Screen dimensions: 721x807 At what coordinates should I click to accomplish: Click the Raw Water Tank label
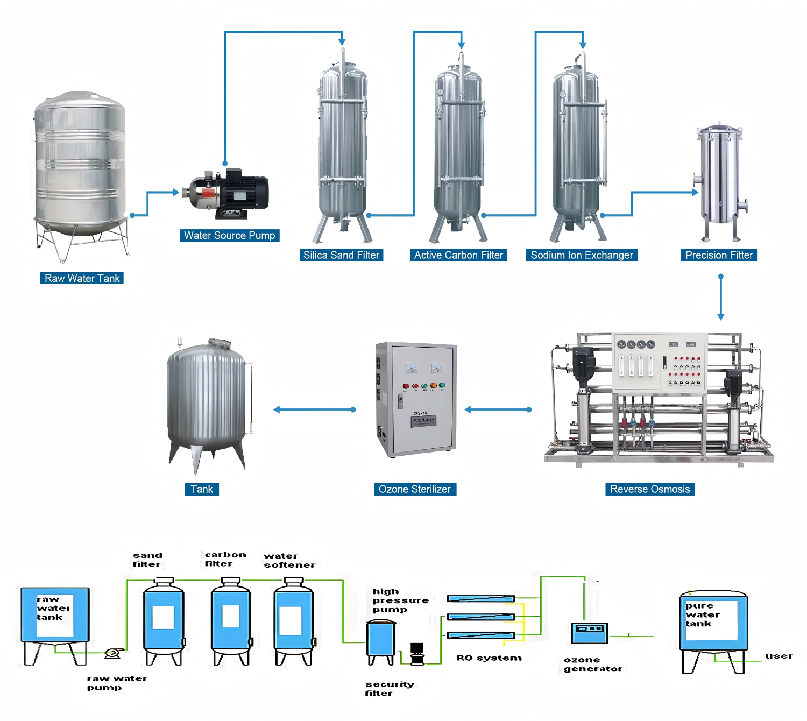(82, 278)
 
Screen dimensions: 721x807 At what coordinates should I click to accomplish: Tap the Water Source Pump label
(229, 235)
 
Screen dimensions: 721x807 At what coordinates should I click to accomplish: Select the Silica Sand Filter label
(341, 255)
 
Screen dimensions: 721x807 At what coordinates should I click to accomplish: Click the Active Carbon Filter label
(458, 255)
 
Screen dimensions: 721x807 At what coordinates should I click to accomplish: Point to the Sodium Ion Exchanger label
(582, 255)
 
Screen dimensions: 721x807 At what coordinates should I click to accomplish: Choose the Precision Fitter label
(719, 255)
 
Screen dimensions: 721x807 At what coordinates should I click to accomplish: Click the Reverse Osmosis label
(650, 489)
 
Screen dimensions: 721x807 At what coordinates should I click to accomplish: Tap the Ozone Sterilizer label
(415, 489)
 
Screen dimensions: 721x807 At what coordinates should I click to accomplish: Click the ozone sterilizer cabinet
(416, 400)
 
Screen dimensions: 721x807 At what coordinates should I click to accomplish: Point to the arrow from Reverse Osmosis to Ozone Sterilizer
(498, 409)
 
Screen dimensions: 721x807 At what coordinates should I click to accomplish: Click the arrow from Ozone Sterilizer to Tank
(315, 409)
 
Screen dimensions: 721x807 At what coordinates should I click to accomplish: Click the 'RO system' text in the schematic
(489, 658)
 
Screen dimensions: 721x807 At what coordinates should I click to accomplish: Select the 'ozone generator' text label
(592, 664)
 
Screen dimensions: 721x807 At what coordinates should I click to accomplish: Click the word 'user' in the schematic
(778, 656)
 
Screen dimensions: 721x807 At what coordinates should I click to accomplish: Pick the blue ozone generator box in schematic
(589, 633)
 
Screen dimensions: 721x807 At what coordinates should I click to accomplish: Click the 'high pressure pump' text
(400, 600)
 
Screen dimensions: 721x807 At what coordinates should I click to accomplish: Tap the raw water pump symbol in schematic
(112, 653)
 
